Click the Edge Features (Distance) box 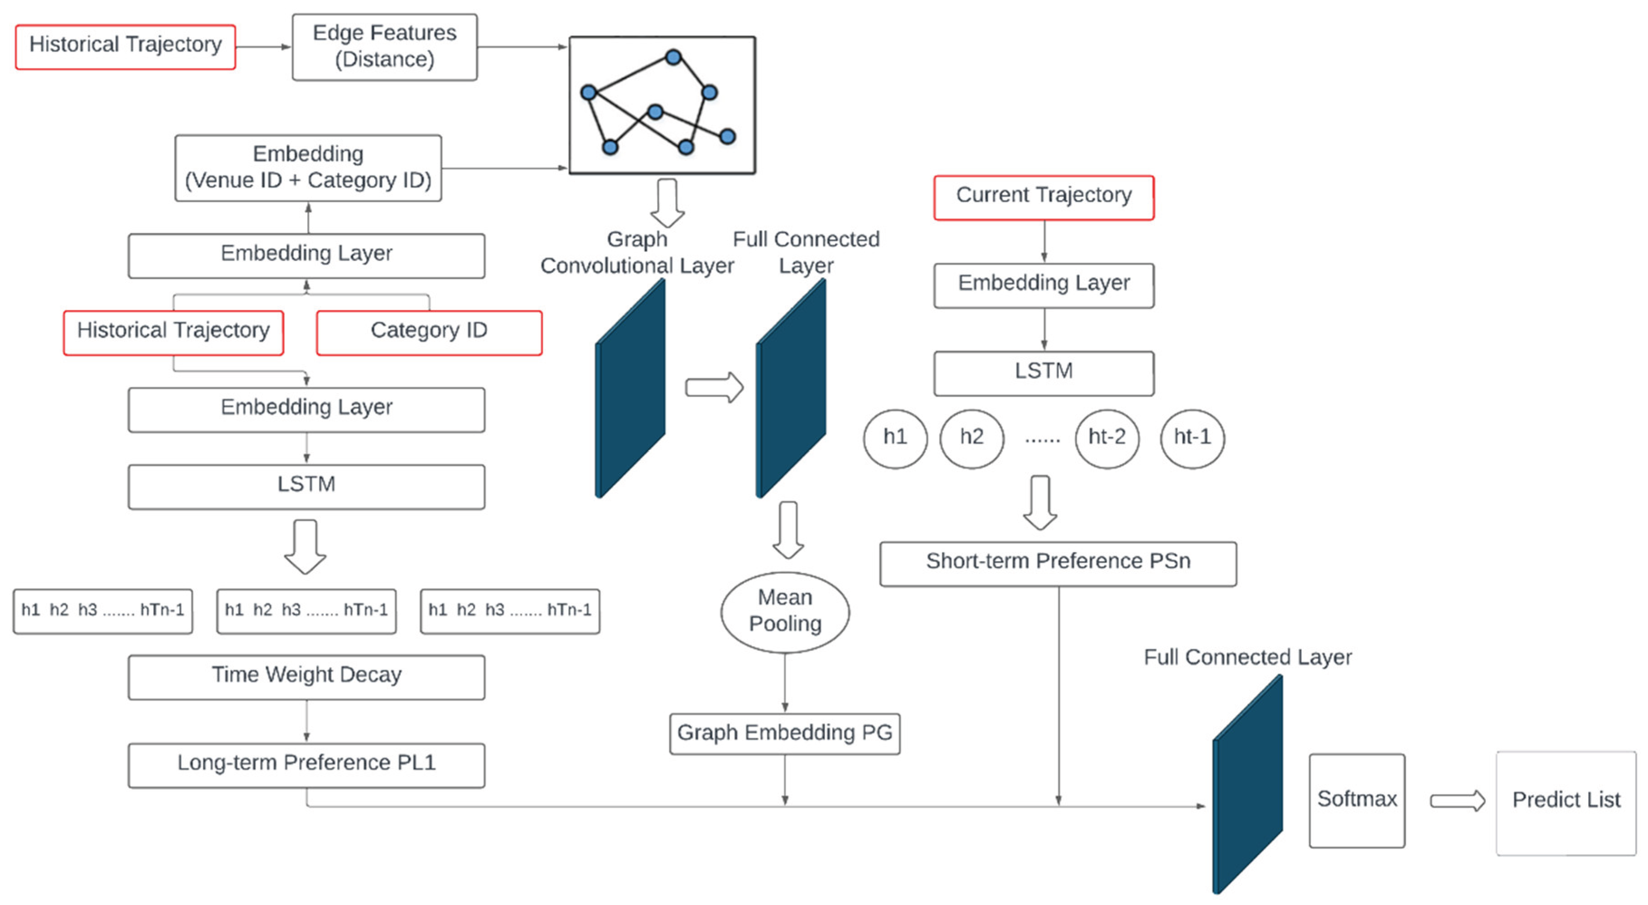[x=385, y=47]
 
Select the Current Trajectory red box [x=1044, y=197]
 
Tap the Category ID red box [x=429, y=332]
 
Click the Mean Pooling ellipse [x=785, y=612]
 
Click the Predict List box [x=1566, y=803]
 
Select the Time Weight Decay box [x=306, y=677]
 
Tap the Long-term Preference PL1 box [x=306, y=764]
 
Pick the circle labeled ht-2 [x=1107, y=438]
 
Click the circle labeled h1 [x=895, y=438]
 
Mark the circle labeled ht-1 [x=1192, y=438]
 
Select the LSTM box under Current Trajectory [x=1044, y=373]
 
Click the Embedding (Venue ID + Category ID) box [x=308, y=168]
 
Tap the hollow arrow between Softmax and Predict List [x=1457, y=801]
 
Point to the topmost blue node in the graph [x=673, y=58]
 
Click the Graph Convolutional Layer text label [x=637, y=252]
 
